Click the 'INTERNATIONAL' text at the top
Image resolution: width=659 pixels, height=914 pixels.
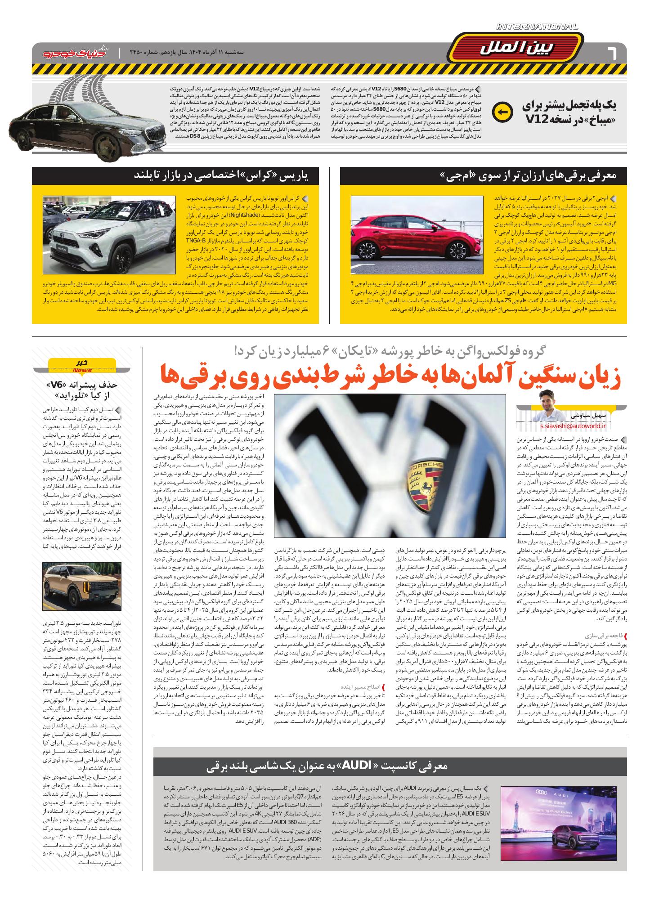pos(537,27)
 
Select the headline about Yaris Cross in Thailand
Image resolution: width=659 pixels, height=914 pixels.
pos(227,175)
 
